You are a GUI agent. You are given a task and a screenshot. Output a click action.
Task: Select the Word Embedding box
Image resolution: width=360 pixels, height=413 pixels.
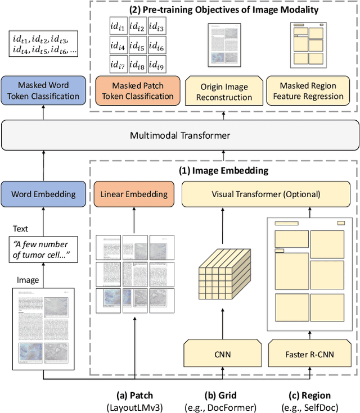point(43,194)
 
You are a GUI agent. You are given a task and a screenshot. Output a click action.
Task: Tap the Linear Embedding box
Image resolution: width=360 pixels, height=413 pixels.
point(134,194)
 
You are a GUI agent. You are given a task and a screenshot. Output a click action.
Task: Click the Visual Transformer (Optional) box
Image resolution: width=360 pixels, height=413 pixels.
point(265,194)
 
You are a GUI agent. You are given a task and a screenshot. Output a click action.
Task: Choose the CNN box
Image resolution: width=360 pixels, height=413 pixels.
point(223,355)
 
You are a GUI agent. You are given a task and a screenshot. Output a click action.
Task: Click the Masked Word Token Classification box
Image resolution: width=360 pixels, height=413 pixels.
point(43,90)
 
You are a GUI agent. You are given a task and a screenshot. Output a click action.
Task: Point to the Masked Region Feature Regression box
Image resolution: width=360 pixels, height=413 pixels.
point(308,91)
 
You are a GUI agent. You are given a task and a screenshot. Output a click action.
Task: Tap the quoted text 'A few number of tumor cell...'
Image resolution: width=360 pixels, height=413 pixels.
point(43,249)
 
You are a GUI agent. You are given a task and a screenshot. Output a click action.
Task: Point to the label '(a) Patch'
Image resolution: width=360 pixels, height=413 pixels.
point(134,395)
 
